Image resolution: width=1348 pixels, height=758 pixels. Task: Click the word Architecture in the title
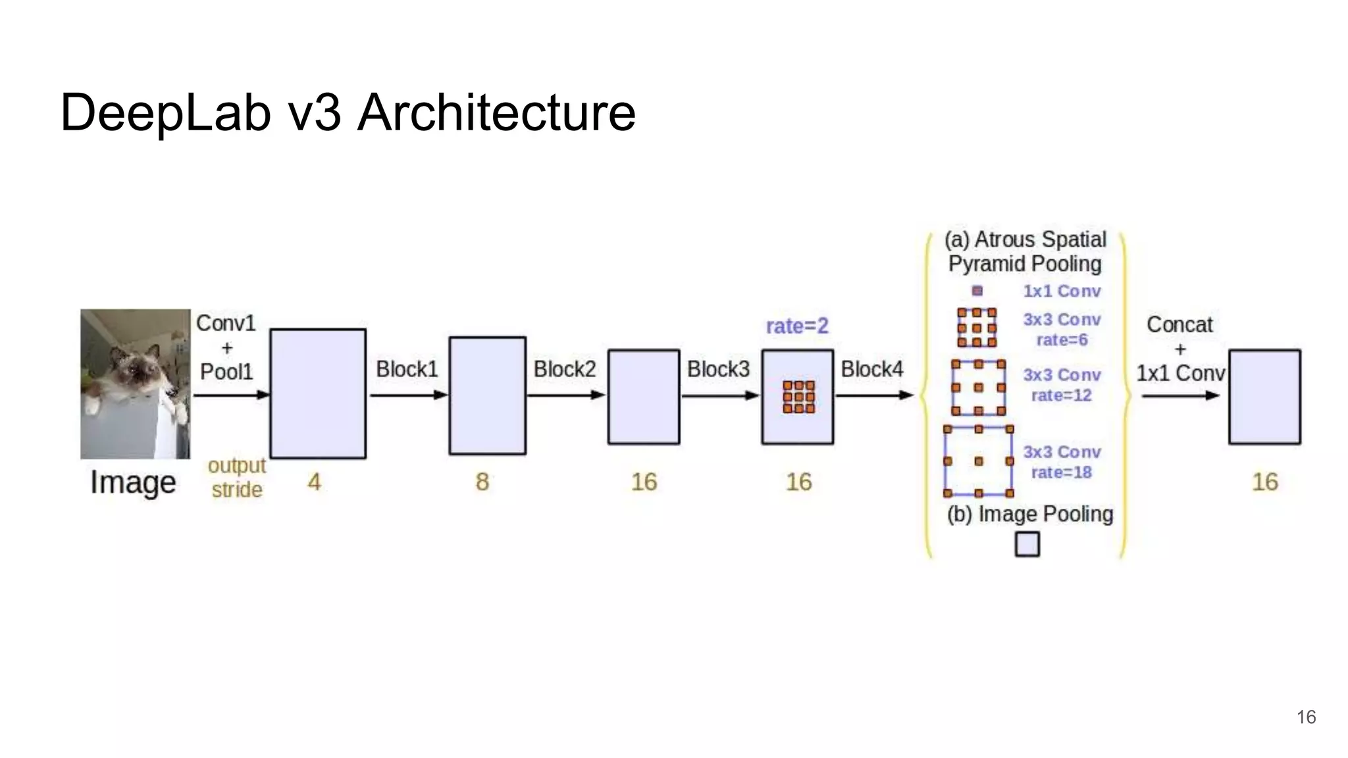click(x=496, y=113)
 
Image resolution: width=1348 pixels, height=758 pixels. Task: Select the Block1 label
click(x=407, y=369)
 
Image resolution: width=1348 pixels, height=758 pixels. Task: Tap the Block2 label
click(x=564, y=369)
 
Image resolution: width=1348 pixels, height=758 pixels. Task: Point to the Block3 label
click(x=718, y=369)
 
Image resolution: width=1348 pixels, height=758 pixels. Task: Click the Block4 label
click(x=871, y=369)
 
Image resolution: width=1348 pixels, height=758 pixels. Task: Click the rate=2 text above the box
click(x=797, y=326)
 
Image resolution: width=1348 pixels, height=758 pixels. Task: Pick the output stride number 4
click(x=315, y=482)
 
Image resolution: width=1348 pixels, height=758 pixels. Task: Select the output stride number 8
click(x=482, y=482)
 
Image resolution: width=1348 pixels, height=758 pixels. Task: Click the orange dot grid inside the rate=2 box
click(x=798, y=397)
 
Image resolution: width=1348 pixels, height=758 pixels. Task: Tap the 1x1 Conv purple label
click(x=1062, y=291)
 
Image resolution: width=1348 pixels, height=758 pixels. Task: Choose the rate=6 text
click(x=1062, y=340)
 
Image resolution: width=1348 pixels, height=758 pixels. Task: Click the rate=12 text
click(x=1061, y=395)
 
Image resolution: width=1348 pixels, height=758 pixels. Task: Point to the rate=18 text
click(x=1061, y=472)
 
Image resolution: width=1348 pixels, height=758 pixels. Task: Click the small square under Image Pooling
click(x=1027, y=545)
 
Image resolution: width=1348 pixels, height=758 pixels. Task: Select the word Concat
click(x=1179, y=324)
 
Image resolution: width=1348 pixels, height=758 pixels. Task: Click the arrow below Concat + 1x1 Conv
click(x=1180, y=396)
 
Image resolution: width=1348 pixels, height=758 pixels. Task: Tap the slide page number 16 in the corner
click(x=1306, y=717)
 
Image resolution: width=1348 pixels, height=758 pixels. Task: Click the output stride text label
click(x=236, y=478)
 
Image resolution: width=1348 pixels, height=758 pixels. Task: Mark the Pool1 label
click(x=226, y=372)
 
